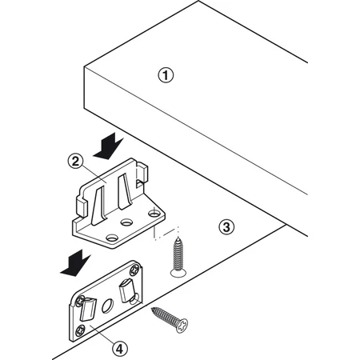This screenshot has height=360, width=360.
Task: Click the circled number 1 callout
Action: click(x=166, y=75)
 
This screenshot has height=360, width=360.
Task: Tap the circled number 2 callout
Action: click(x=75, y=162)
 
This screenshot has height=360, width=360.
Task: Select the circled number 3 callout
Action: click(x=226, y=227)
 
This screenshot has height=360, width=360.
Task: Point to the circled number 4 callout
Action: click(x=120, y=349)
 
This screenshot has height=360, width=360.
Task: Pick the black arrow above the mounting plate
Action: click(x=76, y=263)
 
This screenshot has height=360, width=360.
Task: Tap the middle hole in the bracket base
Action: click(x=126, y=222)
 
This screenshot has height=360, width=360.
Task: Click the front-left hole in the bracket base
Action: click(x=112, y=238)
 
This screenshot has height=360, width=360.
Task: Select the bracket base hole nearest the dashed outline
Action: click(x=153, y=213)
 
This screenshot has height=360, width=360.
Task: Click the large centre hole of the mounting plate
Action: click(x=107, y=306)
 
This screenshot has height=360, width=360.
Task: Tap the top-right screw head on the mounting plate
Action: click(x=134, y=270)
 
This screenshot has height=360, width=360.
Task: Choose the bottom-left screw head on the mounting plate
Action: click(x=80, y=331)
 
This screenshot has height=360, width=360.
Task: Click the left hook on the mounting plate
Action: click(x=87, y=309)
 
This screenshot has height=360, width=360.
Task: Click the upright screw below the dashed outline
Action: click(x=178, y=258)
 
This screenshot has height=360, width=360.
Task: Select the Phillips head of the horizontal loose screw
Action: click(x=182, y=325)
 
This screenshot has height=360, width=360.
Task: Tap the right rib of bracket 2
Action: click(x=124, y=191)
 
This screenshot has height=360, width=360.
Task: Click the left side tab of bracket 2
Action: click(x=82, y=207)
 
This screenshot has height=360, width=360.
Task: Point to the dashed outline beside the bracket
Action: click(x=166, y=233)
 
